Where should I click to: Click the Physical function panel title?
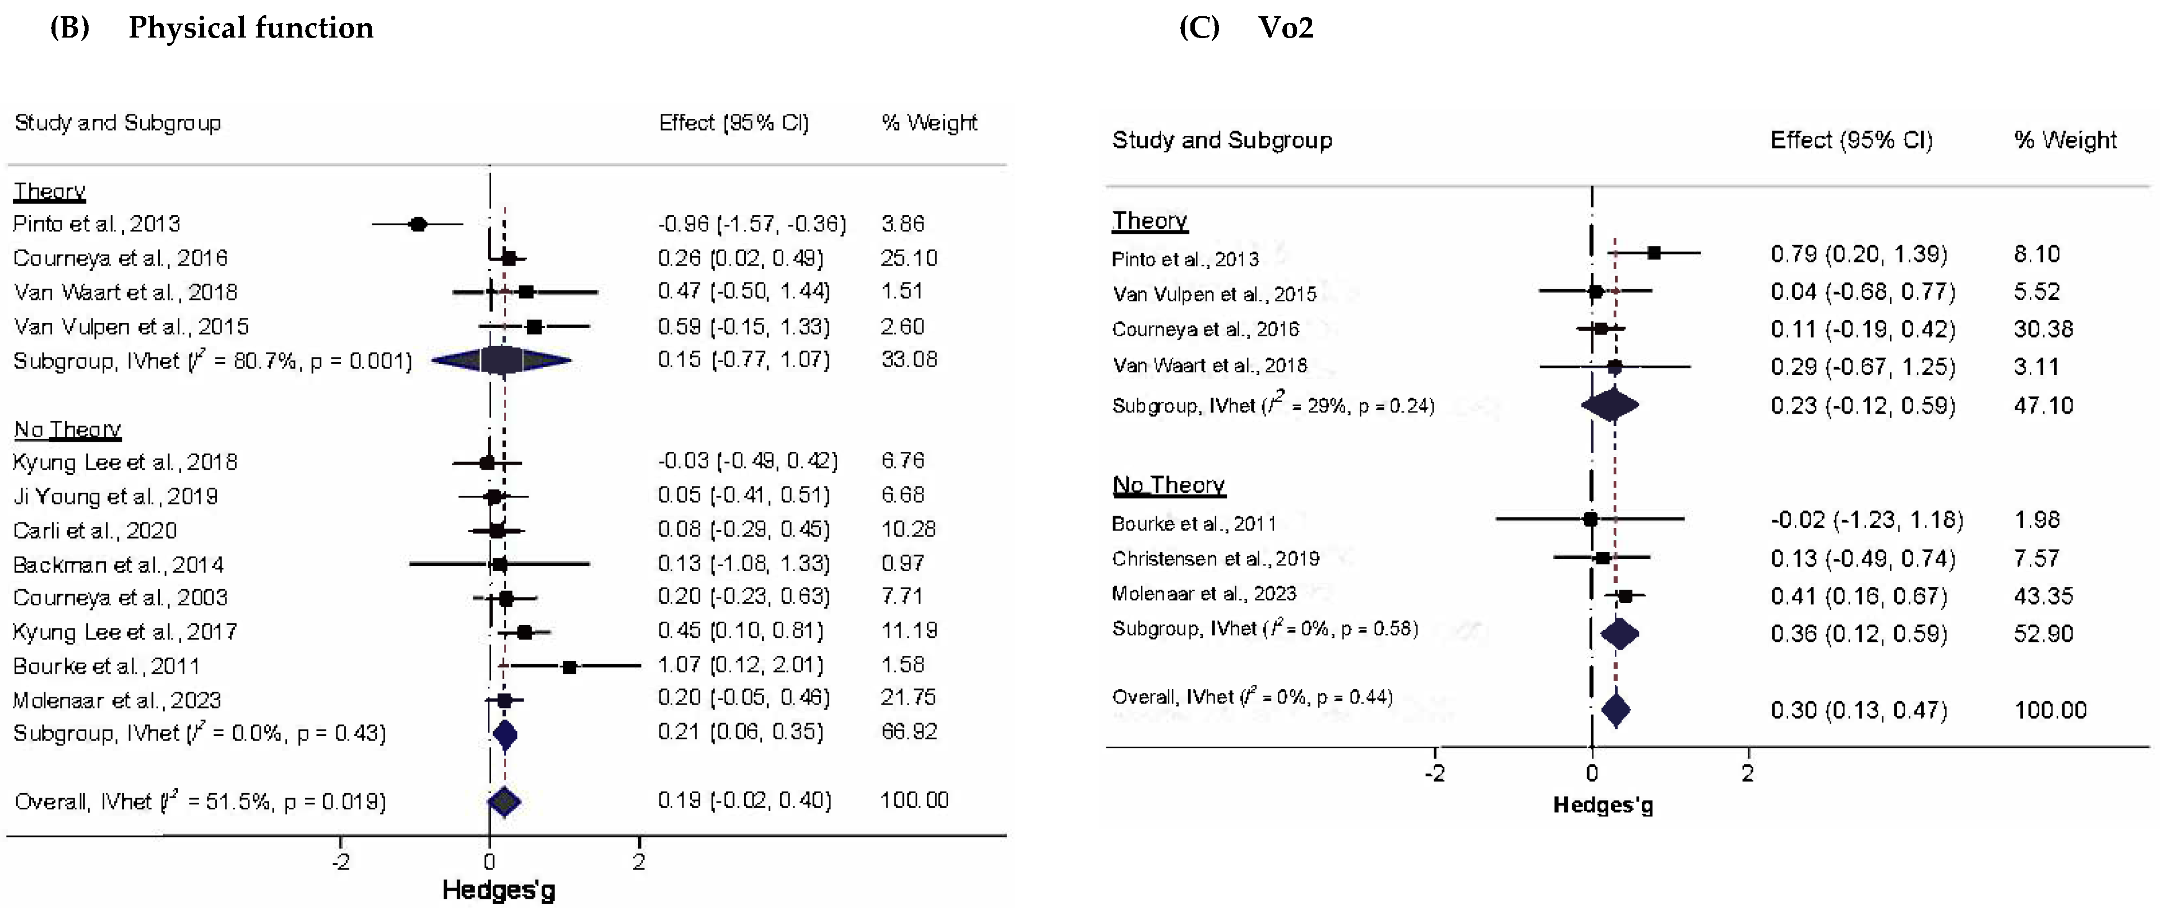[x=250, y=27]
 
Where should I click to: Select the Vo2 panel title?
[x=1285, y=27]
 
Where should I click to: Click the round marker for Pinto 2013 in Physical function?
[x=418, y=224]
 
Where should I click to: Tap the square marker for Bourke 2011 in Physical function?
[x=570, y=667]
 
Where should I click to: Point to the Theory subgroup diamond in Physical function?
[x=502, y=361]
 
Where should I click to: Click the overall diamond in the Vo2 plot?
[x=1616, y=710]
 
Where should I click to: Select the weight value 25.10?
[x=908, y=258]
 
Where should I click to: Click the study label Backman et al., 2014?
[x=118, y=564]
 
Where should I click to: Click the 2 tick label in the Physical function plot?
[x=639, y=862]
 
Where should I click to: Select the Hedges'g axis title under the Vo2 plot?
[x=1603, y=805]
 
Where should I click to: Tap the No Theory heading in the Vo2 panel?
[x=1168, y=485]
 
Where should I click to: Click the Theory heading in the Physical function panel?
[x=49, y=191]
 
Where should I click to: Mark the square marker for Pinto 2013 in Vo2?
[x=1654, y=253]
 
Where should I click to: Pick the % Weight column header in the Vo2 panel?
[x=2065, y=140]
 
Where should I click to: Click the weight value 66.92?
[x=908, y=732]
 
